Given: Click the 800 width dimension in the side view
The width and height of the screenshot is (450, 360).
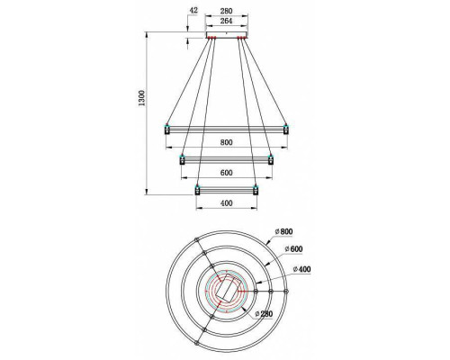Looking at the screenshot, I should click(227, 141).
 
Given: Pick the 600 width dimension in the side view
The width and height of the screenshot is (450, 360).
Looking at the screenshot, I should click(227, 174).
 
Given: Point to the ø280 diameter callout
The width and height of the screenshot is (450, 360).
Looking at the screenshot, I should click(263, 313).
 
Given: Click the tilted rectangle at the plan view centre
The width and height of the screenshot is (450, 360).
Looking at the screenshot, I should click(227, 292).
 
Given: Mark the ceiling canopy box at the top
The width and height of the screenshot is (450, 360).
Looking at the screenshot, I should click(227, 37).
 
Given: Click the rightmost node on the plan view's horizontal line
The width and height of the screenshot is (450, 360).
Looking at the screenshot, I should click(289, 292).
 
